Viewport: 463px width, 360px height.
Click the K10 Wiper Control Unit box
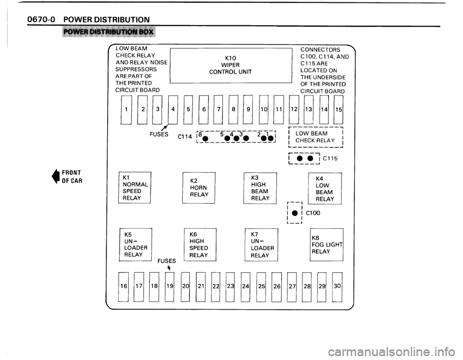[231, 65]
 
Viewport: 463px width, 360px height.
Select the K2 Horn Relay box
[199, 188]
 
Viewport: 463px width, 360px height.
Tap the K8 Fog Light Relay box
[327, 245]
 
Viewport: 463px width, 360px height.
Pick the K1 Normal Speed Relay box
[135, 187]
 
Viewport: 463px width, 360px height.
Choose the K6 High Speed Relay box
[200, 245]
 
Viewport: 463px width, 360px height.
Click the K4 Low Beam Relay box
[325, 188]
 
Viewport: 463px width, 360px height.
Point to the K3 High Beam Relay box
[260, 188]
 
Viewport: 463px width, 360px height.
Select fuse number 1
[126, 110]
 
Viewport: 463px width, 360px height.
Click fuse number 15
[339, 110]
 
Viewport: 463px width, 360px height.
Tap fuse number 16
[123, 286]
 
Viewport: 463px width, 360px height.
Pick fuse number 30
[337, 286]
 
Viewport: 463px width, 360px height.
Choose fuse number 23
[231, 286]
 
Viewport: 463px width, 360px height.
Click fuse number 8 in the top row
[233, 110]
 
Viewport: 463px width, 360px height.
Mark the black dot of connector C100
[294, 213]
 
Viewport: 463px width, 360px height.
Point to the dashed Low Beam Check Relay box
[315, 137]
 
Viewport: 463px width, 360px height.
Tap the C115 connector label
[330, 158]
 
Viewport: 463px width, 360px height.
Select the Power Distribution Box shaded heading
[109, 32]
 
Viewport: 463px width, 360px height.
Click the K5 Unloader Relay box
[136, 245]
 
